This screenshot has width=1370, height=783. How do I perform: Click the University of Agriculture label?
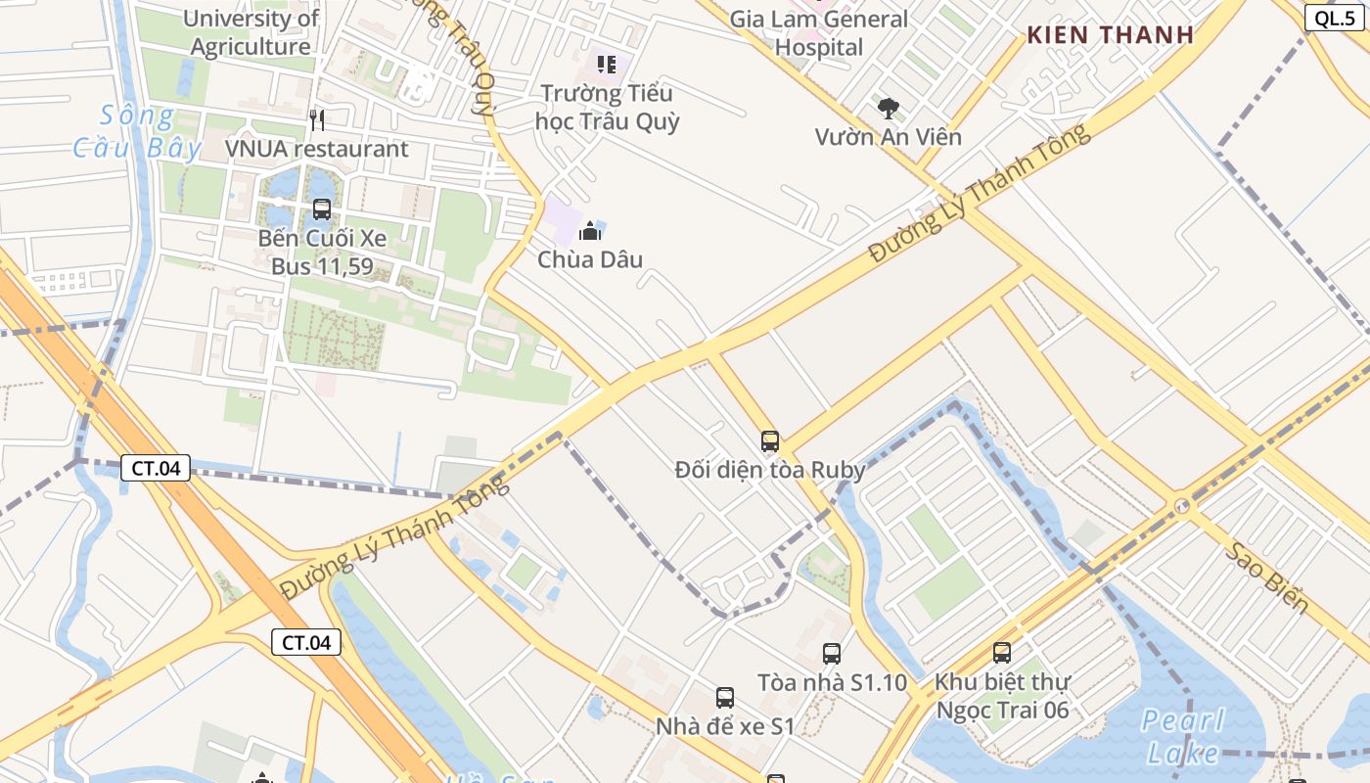click(x=251, y=32)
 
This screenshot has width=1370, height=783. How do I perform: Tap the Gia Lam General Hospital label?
click(x=819, y=32)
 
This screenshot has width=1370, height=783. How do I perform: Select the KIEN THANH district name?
click(x=1110, y=34)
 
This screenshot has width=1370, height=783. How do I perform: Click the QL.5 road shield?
click(x=1334, y=17)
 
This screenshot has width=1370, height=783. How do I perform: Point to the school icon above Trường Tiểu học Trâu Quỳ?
click(x=607, y=65)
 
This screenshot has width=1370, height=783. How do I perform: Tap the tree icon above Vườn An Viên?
click(x=889, y=107)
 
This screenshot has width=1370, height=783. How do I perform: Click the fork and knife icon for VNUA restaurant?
click(x=316, y=119)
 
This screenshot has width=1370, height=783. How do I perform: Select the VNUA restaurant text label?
click(x=316, y=149)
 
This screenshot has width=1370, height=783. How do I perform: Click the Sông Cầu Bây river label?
click(x=137, y=132)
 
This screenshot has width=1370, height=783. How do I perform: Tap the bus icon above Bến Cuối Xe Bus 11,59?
click(x=322, y=208)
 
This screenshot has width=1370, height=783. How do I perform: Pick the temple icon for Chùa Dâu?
click(x=590, y=231)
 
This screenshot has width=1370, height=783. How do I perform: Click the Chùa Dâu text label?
click(x=590, y=259)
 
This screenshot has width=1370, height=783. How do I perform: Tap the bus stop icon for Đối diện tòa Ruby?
click(x=770, y=440)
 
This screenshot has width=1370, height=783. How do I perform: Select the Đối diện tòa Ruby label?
click(x=770, y=470)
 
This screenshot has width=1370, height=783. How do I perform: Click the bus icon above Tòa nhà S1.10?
click(x=832, y=653)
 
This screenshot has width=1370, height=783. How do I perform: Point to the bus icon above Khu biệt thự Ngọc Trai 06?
click(x=1002, y=652)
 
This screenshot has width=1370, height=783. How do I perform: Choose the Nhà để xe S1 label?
click(x=724, y=726)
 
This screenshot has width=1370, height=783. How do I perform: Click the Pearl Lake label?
click(x=1183, y=737)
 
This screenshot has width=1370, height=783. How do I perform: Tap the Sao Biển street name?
click(x=1268, y=577)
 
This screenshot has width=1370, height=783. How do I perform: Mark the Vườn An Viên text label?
click(x=889, y=137)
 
